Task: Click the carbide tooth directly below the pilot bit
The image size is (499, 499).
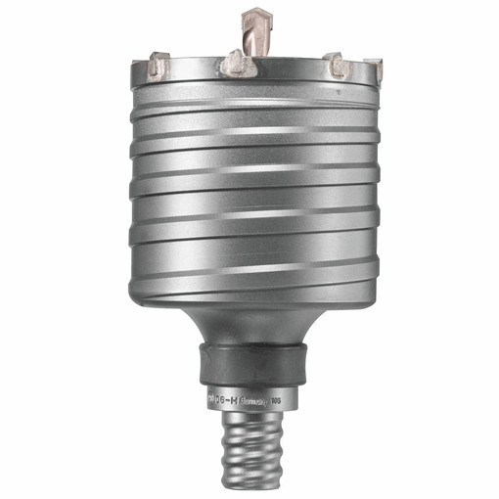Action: pyautogui.click(x=234, y=65)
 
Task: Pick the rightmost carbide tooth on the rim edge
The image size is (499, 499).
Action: pyautogui.click(x=373, y=68)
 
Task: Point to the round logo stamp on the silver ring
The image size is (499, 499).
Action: pyautogui.click(x=215, y=398)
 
